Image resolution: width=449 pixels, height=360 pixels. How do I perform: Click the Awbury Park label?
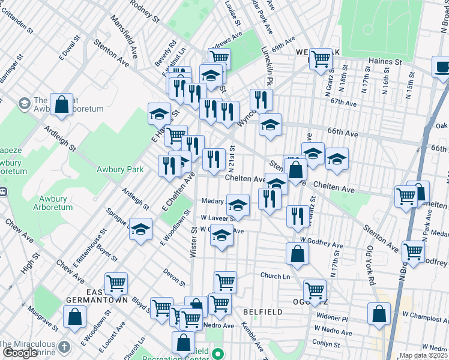[120, 170]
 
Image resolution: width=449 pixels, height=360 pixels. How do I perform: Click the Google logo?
[20, 353]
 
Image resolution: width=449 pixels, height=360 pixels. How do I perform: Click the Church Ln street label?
[275, 276]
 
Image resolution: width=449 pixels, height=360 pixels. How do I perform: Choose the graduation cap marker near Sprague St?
[140, 230]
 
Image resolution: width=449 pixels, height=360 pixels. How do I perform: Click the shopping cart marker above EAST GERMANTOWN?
[116, 283]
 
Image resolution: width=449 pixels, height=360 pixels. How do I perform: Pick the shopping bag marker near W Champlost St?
[379, 313]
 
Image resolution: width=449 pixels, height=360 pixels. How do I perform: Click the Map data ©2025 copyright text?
[423, 355]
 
